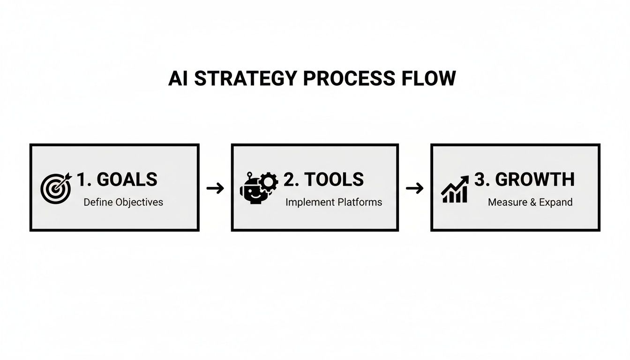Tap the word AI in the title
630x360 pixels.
(179, 79)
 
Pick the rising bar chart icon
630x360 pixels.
(455, 189)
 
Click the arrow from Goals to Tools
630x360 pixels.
(215, 188)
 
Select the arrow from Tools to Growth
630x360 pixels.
(414, 188)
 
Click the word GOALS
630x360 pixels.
(127, 180)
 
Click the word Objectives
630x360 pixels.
(139, 202)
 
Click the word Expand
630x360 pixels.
(555, 202)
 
